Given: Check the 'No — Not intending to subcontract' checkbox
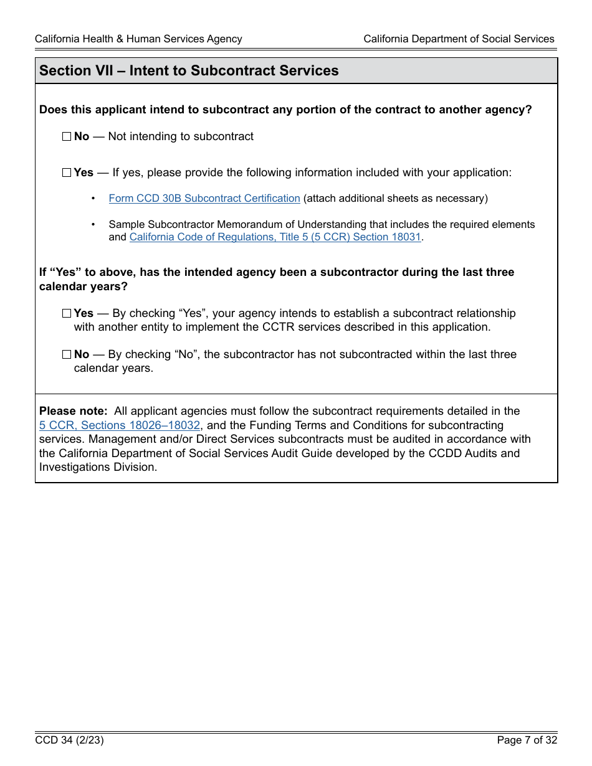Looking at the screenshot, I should (67, 137).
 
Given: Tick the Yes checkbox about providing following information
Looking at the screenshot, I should (67, 173).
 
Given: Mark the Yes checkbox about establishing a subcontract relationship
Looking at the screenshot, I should (67, 314).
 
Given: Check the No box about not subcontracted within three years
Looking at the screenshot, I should (67, 355).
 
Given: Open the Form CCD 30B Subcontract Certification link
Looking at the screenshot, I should (204, 199).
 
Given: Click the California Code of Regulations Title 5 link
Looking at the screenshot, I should (275, 237).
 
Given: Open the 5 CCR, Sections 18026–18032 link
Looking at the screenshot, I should (120, 425).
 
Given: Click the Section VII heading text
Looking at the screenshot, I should (189, 71).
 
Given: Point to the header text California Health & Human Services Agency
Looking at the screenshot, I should (138, 39).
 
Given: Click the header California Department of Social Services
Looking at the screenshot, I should (459, 39).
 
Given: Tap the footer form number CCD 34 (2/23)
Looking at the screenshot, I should (69, 740).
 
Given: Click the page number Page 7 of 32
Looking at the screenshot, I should (527, 740).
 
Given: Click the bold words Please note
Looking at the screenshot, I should (73, 412).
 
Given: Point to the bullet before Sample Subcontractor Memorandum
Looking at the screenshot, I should (93, 224).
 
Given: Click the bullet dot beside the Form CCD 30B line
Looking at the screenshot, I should (93, 199).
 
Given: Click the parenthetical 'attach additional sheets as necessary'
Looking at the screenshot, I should (395, 199).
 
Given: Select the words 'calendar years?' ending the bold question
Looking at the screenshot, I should (84, 287).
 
